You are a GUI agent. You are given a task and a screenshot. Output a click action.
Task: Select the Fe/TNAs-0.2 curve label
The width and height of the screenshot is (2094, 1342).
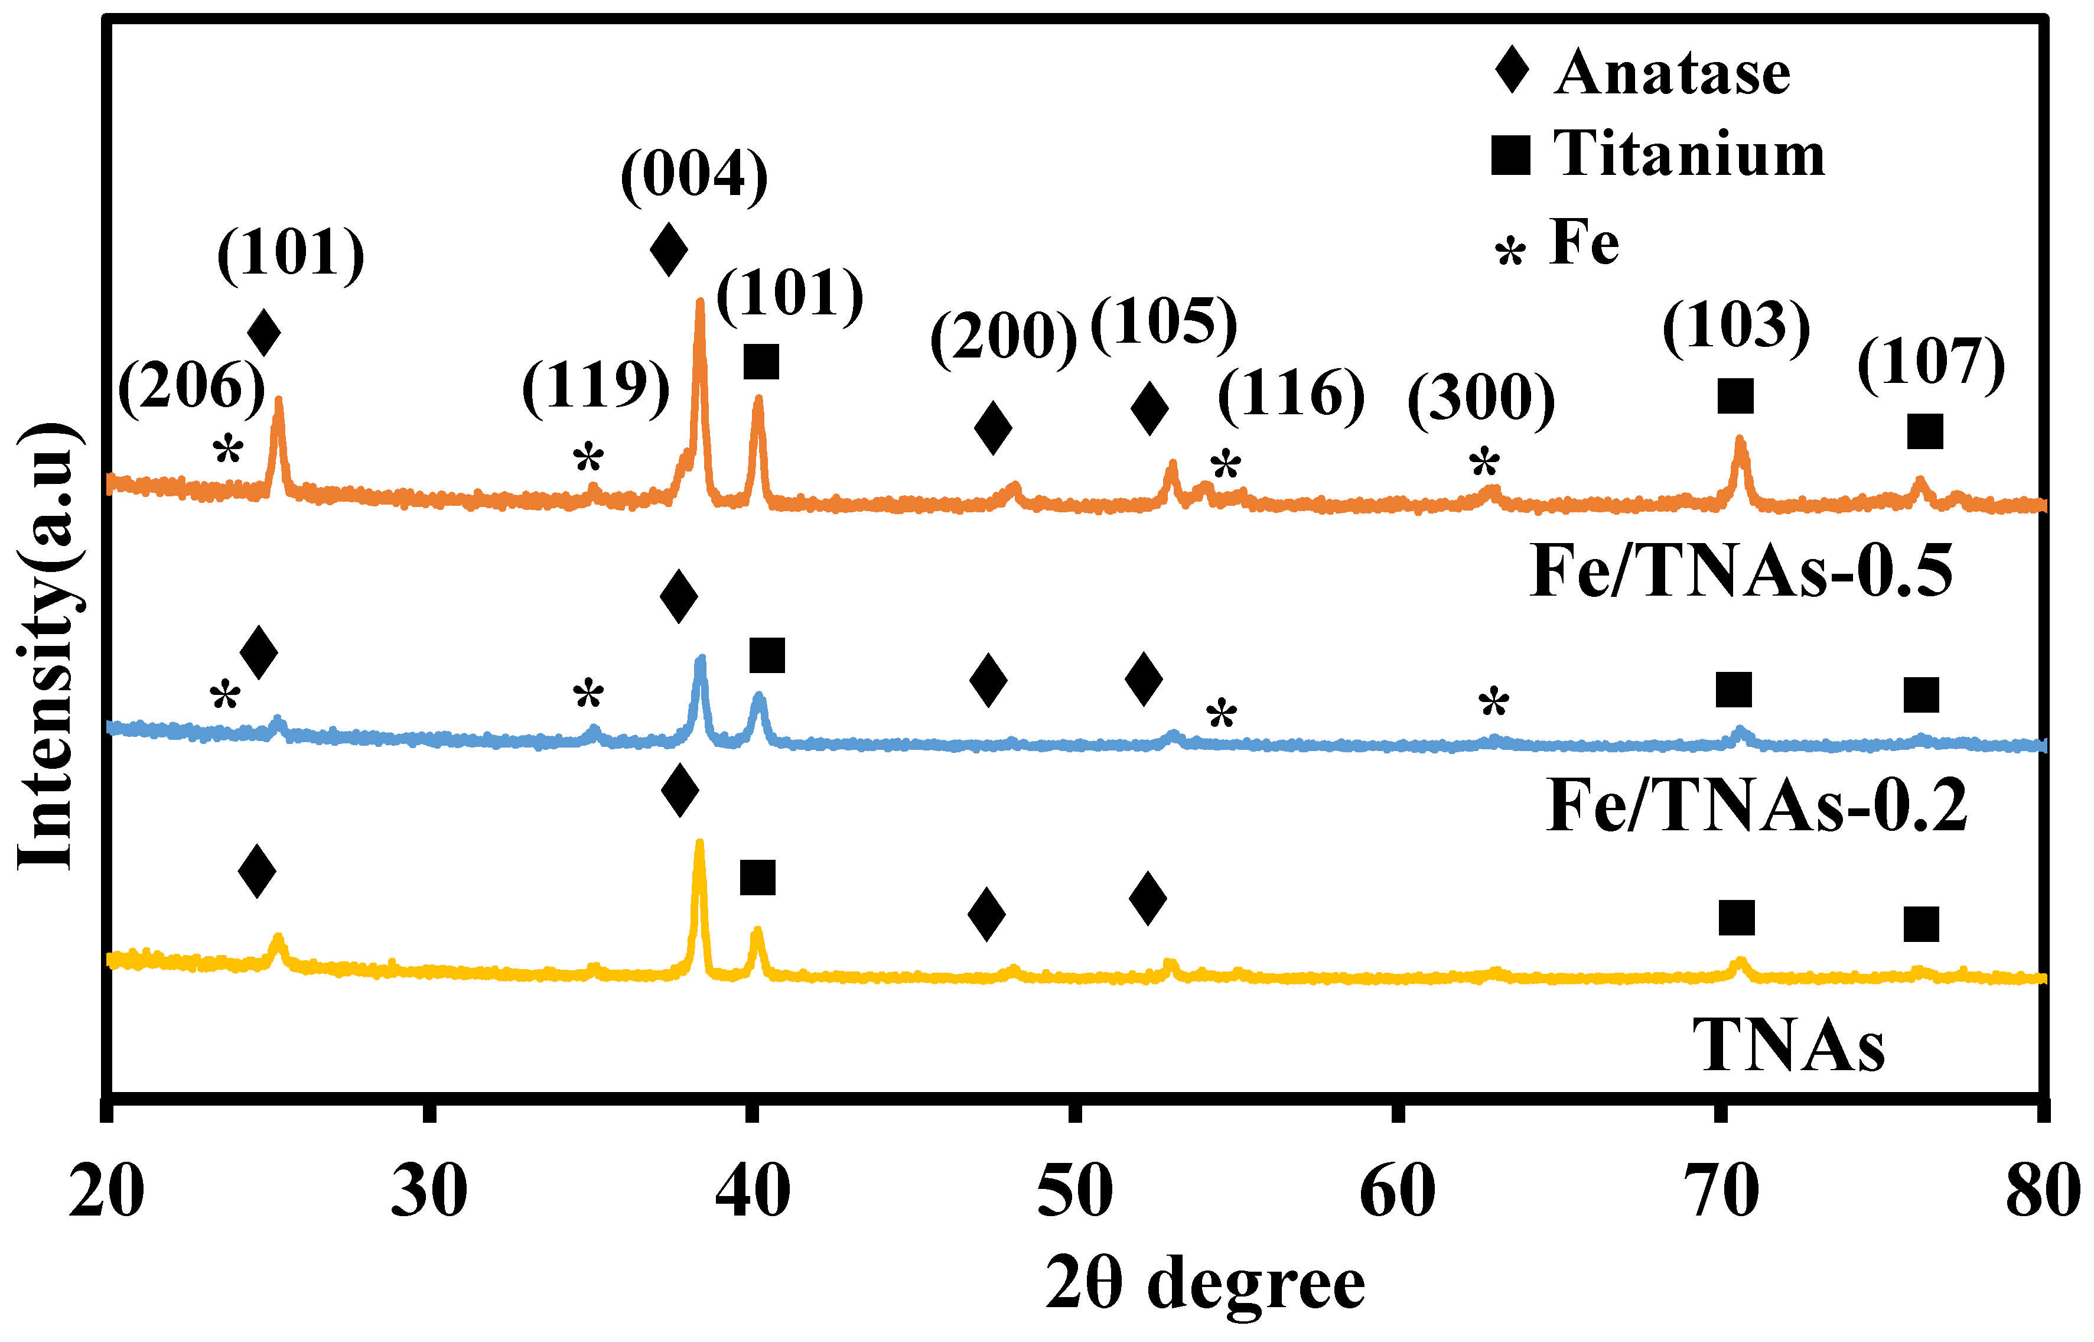(1756, 806)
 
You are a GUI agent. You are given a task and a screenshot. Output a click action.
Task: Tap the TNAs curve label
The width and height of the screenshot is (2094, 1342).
(1788, 1045)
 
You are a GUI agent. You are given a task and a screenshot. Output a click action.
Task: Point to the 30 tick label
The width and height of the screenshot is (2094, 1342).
(429, 1191)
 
